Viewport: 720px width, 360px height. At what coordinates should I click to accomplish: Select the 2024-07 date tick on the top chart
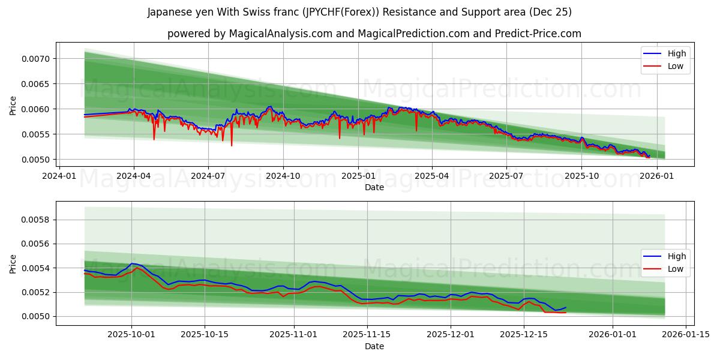[208, 176]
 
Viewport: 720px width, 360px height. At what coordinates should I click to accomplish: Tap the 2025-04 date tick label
[432, 176]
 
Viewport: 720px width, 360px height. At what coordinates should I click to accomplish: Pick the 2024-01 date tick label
[58, 176]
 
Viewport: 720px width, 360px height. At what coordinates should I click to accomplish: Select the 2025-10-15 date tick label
[205, 335]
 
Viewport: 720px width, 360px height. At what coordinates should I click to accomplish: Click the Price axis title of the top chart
[13, 104]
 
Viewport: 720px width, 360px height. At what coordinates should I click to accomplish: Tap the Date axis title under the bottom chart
[374, 346]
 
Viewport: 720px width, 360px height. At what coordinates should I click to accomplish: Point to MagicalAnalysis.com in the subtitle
[280, 34]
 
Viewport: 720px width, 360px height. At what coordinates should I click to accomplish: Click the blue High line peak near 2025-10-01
[131, 263]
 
